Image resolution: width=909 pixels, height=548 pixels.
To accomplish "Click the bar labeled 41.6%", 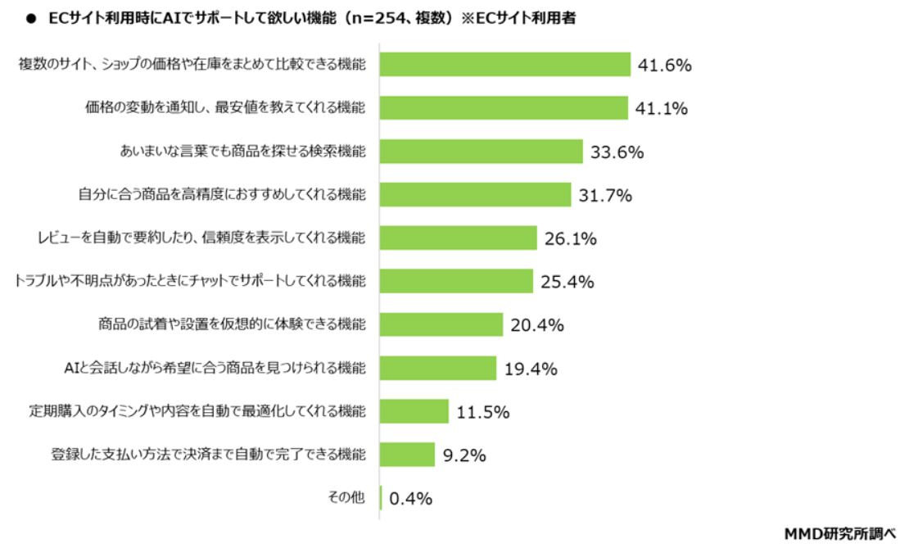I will [504, 65].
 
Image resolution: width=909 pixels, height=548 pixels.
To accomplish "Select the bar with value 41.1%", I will [503, 108].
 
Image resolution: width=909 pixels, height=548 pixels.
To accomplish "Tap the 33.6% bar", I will [481, 152].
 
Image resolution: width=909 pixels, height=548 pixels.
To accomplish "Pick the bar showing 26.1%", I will [458, 238].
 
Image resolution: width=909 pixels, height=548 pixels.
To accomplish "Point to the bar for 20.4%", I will [441, 324].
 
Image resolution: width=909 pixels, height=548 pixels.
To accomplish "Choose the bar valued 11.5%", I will [414, 411].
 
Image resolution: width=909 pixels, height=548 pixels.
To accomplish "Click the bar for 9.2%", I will [407, 455].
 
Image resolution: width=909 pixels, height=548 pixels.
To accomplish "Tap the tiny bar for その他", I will [381, 498].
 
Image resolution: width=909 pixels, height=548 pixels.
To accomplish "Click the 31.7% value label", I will [604, 196].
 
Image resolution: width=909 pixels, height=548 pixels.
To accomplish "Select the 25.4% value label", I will [567, 283].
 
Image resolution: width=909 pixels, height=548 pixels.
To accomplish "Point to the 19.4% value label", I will [531, 369].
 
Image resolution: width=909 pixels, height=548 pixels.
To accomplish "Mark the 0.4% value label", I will [411, 498].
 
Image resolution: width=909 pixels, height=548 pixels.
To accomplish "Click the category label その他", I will [347, 496].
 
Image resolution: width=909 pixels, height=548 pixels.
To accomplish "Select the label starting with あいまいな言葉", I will [243, 152].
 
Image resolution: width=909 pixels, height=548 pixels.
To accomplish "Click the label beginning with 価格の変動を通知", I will [225, 108].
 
